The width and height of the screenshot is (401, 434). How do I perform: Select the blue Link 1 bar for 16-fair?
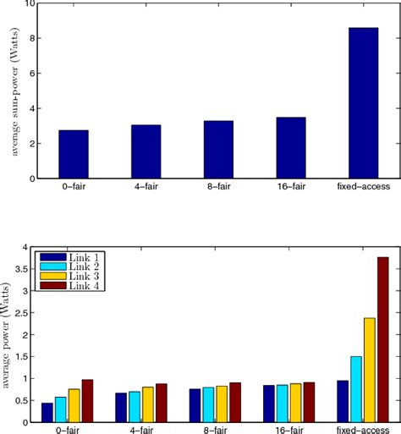point(267,404)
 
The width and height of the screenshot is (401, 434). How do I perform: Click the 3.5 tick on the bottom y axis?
point(25,269)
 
